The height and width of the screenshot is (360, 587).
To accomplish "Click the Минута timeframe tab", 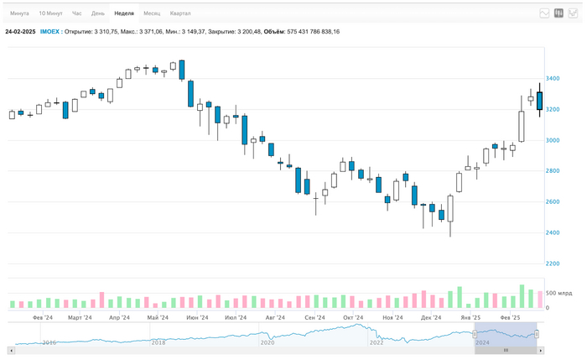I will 19,13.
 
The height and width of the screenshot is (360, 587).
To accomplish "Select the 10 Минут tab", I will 50,13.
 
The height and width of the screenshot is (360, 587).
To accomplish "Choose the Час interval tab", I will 77,13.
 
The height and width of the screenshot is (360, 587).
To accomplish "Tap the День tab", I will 98,13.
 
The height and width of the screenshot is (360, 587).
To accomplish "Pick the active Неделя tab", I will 124,13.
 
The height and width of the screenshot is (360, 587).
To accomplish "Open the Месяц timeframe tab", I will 152,13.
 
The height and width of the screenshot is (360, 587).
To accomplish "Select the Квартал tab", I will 180,13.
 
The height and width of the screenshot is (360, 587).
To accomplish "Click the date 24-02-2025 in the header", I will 20,31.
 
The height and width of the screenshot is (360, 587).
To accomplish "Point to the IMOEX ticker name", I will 49,31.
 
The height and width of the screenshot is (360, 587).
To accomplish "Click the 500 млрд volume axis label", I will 559,293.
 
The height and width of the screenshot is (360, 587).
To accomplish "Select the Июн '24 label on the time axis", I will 197,318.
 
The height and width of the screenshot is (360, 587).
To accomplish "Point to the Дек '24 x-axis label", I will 431,318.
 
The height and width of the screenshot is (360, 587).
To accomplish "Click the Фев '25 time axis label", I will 510,318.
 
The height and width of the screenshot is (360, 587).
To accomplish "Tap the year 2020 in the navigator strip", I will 268,342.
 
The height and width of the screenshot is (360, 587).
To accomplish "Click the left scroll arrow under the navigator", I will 12,351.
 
